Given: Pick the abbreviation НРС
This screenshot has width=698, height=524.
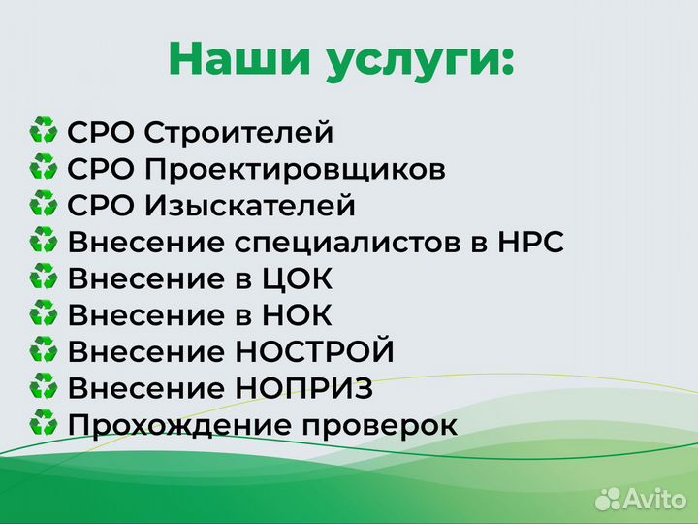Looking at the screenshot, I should [527, 243].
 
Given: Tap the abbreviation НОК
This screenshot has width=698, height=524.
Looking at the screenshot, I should [296, 315].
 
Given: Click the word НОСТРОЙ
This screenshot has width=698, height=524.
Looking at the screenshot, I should [315, 352].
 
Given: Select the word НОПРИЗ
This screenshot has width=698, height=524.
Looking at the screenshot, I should [304, 389].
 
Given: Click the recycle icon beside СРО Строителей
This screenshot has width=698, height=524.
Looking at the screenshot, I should [44, 132].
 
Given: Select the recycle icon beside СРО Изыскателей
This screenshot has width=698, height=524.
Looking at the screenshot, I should [44, 205].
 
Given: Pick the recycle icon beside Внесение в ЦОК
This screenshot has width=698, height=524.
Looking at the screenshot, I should [44, 278].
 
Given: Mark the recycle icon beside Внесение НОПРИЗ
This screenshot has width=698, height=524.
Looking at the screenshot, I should [44, 388].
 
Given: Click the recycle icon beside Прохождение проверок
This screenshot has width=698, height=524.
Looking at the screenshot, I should [44, 425].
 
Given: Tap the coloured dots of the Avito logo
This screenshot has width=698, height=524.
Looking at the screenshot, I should [608, 499].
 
